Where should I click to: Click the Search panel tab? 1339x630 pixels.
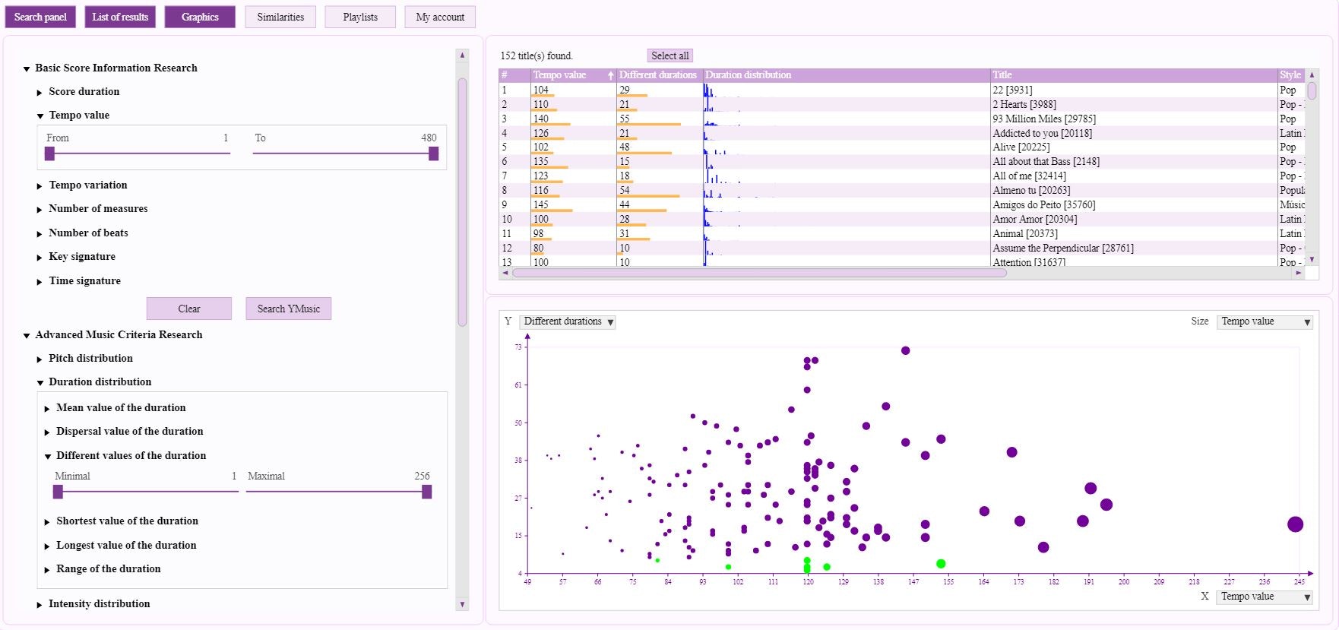40,17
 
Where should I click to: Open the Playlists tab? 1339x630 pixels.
360,17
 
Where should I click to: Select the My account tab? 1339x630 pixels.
440,17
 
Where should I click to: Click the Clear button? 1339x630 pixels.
189,309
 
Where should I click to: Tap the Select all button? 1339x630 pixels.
669,55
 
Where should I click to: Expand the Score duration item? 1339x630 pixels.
84,91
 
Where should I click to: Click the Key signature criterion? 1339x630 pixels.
82,256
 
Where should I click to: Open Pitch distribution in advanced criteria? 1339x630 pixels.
90,358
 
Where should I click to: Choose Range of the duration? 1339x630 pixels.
108,568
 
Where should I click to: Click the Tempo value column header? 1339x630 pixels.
560,75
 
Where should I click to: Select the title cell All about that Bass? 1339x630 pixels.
1046,161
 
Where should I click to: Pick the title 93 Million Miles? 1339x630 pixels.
1044,119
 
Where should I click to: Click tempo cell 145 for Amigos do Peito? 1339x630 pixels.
541,204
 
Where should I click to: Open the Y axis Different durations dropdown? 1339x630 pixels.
568,321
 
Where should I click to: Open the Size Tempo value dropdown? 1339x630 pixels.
1265,321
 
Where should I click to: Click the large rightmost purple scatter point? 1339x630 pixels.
1295,524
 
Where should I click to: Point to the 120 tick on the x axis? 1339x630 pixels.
808,581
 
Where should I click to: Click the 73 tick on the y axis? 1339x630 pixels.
519,347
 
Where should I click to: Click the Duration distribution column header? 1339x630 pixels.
749,75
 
